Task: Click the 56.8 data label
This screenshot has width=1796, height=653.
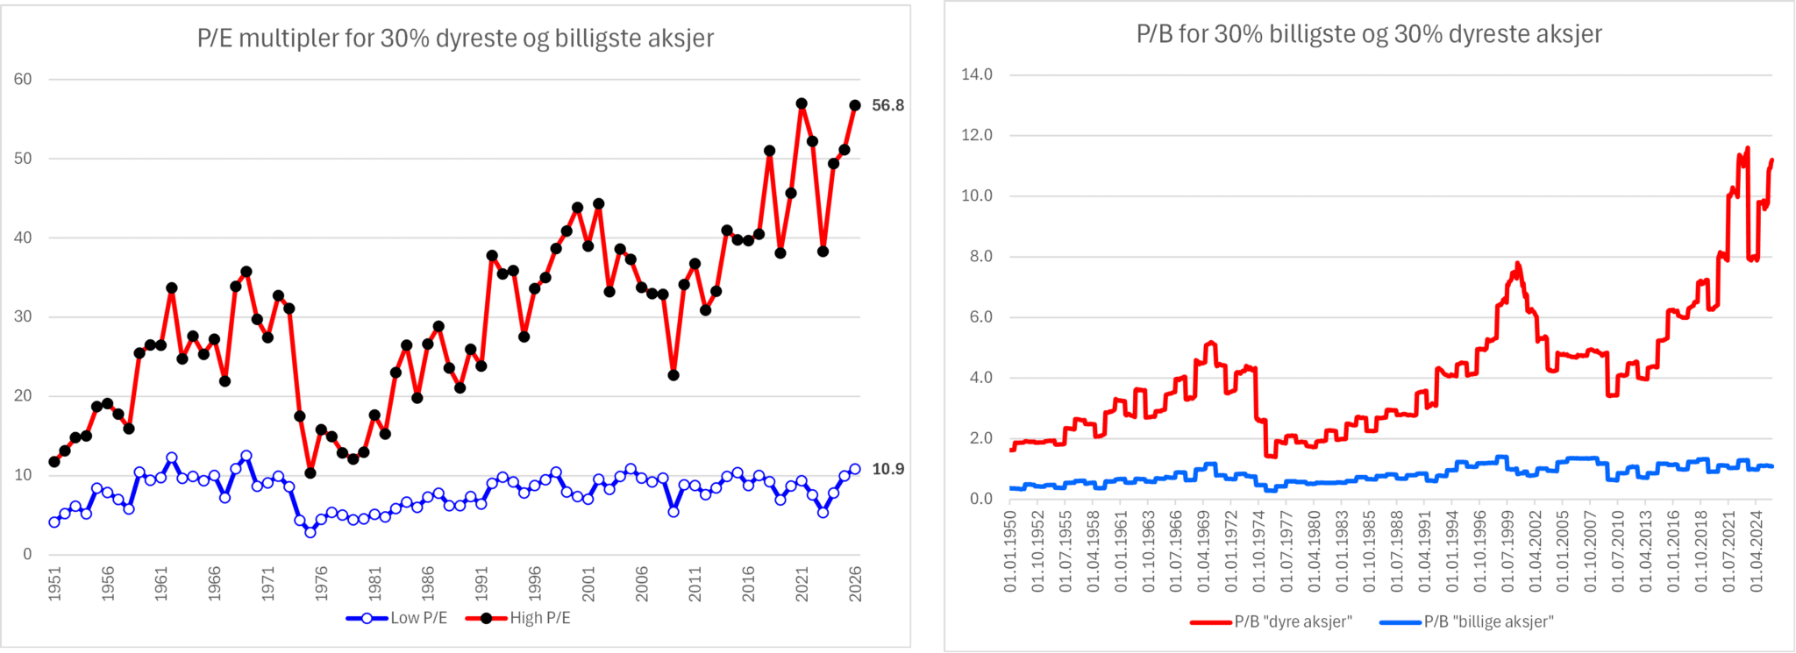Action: click(887, 105)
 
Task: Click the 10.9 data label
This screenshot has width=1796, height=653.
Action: click(887, 469)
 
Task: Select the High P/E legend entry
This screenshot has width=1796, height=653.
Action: click(518, 618)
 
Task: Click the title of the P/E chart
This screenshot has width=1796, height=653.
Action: click(455, 39)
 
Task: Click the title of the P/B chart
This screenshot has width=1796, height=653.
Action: click(1369, 34)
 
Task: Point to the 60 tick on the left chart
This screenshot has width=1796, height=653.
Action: click(23, 79)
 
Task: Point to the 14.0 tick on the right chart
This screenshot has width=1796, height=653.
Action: click(977, 75)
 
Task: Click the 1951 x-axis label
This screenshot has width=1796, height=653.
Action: click(54, 583)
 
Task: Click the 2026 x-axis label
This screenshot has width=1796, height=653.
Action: click(855, 583)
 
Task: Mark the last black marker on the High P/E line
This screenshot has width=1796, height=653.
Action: click(855, 105)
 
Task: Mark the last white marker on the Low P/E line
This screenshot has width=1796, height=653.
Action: click(855, 469)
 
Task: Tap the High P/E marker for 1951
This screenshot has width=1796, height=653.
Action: click(54, 461)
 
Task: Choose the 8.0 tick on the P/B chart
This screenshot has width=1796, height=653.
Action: click(977, 257)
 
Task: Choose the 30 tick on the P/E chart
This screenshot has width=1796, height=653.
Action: click(23, 316)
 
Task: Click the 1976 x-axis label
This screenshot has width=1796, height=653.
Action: click(322, 583)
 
